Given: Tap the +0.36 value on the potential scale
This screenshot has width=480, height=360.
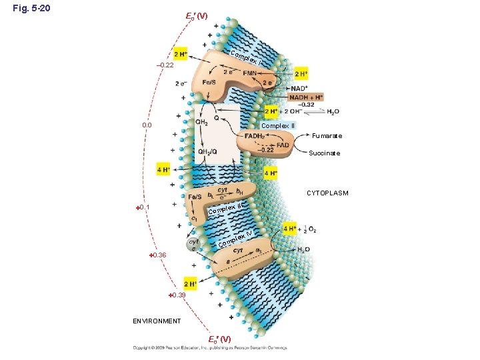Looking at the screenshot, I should (x=157, y=255).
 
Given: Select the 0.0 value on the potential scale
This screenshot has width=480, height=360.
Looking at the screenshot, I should (x=147, y=125).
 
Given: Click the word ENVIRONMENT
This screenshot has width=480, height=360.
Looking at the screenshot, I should (x=155, y=321).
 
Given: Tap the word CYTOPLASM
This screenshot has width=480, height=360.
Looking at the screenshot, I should (x=327, y=193).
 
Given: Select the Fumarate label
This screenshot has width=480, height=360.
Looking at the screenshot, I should (x=327, y=136).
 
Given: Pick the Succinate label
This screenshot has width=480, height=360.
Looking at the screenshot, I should (x=325, y=153).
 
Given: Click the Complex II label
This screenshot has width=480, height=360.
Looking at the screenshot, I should (x=278, y=125).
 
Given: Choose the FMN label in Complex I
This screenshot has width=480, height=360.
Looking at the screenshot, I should (x=251, y=73).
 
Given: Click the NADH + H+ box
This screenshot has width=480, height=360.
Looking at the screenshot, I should (x=305, y=97).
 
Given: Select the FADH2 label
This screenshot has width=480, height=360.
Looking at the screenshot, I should (x=254, y=136).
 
